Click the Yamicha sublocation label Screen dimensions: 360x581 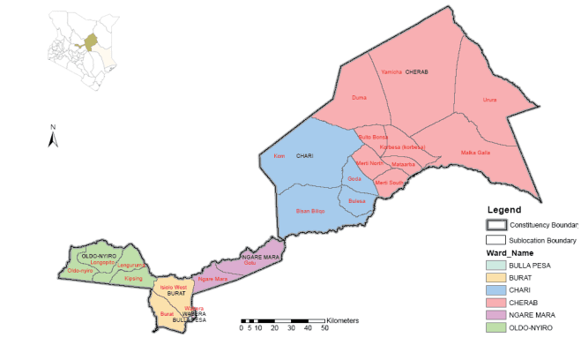pos(391,71)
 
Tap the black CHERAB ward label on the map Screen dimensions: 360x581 pos(416,71)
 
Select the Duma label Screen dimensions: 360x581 pos(359,97)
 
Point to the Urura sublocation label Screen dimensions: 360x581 pos(490,100)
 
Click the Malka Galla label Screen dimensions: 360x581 pos(476,153)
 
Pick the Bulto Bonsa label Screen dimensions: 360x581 pos(373,138)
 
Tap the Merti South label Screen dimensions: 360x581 pos(389,183)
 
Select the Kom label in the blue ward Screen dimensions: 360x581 pos(279,156)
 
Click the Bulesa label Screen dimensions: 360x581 pos(357,201)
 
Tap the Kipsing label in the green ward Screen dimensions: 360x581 pos(133,279)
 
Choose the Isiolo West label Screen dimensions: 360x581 pos(173,287)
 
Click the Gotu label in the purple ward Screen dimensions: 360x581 pos(250,262)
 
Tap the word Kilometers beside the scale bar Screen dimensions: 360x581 pos(344,319)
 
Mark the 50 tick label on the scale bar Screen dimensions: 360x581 pos(324,327)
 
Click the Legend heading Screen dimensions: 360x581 pos(505,210)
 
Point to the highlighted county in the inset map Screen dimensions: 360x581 pos(90,41)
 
